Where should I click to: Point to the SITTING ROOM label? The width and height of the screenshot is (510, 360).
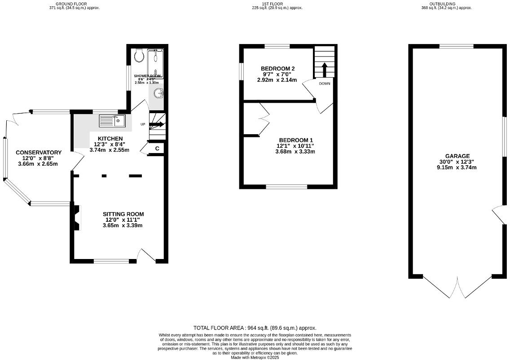click(123, 214)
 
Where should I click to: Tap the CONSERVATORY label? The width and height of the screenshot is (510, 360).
click(39, 153)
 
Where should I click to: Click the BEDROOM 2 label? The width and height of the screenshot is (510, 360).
click(278, 68)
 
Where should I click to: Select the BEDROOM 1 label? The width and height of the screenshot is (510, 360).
click(295, 140)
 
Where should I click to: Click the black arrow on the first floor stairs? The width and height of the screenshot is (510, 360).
click(325, 70)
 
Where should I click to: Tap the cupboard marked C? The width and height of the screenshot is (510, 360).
click(157, 149)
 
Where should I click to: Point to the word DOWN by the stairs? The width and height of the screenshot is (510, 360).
click(325, 84)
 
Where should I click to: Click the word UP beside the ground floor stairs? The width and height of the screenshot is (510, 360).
click(143, 124)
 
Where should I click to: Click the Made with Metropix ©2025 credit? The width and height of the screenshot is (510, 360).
click(255, 357)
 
